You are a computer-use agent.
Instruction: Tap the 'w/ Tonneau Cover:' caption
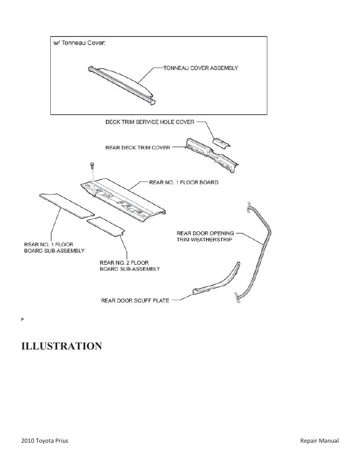pos(79,43)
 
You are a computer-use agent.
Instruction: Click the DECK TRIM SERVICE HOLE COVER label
pos(150,122)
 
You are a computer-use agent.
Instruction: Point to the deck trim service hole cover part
pos(223,141)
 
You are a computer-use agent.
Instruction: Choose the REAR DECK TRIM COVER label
pos(138,148)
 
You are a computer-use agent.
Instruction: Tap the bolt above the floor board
pos(92,165)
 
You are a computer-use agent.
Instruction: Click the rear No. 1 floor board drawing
pos(124,199)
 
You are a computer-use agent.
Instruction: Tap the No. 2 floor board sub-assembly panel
pos(106,227)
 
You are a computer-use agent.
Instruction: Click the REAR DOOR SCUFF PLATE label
pos(135,301)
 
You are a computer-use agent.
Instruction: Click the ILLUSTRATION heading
pos(61,346)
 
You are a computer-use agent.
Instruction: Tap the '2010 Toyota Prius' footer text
pos(45,441)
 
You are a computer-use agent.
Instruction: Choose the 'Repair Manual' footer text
pos(319,441)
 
